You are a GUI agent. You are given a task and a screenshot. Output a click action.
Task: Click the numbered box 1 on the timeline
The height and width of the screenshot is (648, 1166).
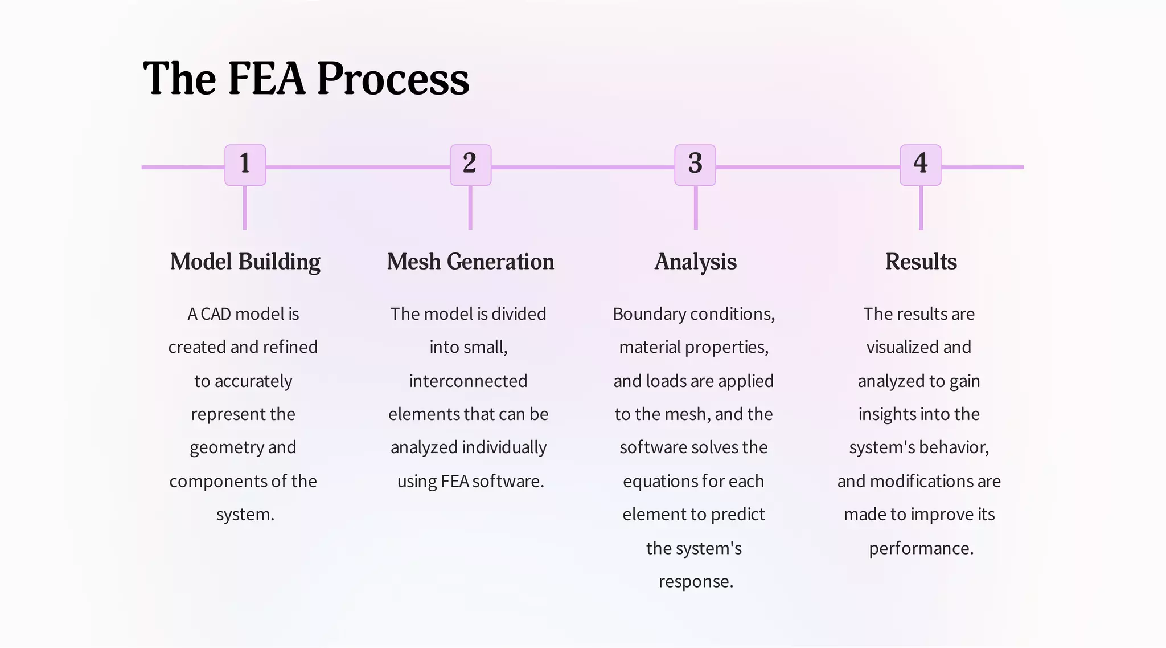(x=245, y=165)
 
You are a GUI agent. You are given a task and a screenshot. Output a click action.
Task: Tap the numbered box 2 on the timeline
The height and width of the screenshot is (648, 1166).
(x=470, y=165)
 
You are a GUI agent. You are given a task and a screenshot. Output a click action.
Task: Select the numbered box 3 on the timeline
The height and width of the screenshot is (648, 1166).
(x=695, y=165)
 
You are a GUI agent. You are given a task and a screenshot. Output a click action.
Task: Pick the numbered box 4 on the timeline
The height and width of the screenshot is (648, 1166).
(x=920, y=165)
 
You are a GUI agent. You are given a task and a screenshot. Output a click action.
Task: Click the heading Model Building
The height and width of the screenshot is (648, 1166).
(x=245, y=262)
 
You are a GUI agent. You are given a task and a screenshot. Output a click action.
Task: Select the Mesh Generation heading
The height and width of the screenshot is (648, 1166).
(x=470, y=262)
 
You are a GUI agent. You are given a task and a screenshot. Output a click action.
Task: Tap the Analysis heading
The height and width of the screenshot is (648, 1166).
(x=695, y=262)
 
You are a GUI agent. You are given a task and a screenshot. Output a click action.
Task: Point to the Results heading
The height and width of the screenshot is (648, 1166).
(x=921, y=262)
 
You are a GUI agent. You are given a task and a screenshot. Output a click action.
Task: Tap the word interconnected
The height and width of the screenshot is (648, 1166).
(x=468, y=381)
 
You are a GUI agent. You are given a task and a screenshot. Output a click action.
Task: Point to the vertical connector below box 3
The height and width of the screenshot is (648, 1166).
(x=695, y=208)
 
